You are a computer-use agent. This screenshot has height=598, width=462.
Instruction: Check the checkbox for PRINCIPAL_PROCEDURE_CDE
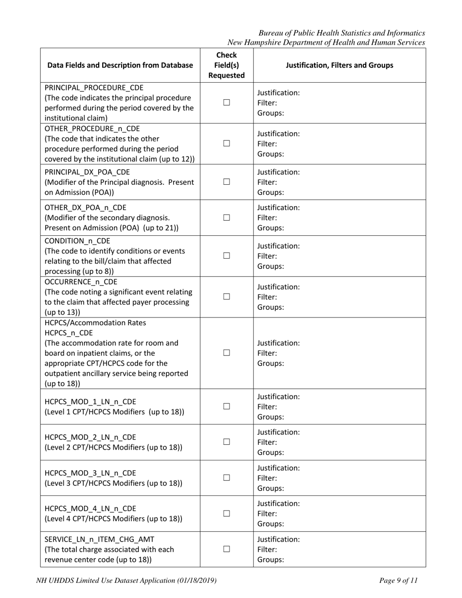[x=226, y=103]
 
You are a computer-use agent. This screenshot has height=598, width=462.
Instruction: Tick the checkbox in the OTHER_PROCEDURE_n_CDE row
[x=226, y=143]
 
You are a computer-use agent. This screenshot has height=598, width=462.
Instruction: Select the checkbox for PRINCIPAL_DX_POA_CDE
[x=226, y=182]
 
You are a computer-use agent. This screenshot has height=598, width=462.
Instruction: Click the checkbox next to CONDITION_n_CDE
[x=226, y=256]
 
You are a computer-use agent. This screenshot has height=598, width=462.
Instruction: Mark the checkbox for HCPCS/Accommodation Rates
[x=226, y=353]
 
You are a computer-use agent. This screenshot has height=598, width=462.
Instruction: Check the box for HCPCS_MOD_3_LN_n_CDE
[x=226, y=478]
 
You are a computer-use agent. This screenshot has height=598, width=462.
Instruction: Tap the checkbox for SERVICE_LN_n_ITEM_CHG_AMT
[x=226, y=549]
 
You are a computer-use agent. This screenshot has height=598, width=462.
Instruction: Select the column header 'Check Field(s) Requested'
[x=226, y=65]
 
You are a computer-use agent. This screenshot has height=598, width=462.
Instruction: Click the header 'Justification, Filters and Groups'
[x=339, y=65]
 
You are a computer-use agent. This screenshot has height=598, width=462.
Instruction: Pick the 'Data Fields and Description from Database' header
[x=120, y=65]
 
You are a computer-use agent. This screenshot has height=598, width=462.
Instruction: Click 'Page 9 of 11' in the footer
[x=398, y=580]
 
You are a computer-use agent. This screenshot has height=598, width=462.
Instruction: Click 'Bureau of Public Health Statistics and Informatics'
[x=341, y=33]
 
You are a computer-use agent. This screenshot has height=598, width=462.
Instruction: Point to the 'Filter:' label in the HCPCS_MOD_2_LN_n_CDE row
[x=267, y=442]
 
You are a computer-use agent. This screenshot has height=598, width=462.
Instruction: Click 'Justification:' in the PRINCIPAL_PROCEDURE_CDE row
[x=278, y=92]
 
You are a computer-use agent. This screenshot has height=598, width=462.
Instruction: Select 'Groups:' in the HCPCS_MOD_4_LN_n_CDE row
[x=270, y=524]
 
